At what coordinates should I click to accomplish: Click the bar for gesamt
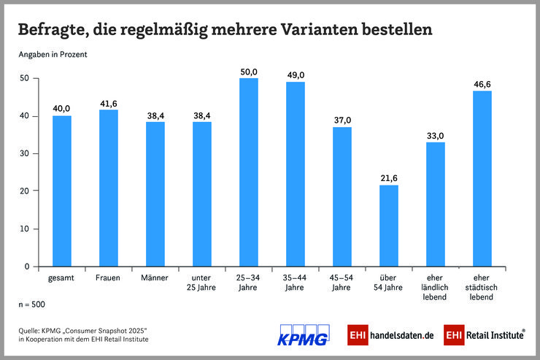[62, 191]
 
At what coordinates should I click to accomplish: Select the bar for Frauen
[109, 188]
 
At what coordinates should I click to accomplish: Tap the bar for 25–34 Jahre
[249, 172]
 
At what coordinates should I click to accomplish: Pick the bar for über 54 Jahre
[389, 226]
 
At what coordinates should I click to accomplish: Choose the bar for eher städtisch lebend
[482, 179]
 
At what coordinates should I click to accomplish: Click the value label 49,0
[296, 75]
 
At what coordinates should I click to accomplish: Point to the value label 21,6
[389, 178]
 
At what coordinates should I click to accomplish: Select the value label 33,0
[436, 135]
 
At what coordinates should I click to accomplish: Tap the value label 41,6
[109, 103]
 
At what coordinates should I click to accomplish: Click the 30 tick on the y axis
[25, 154]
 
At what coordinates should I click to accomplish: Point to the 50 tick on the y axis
[25, 78]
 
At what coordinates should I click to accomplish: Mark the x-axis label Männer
[155, 278]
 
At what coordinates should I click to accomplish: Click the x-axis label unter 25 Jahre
[202, 283]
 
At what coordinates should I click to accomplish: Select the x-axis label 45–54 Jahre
[342, 283]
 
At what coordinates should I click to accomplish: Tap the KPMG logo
[304, 334]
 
